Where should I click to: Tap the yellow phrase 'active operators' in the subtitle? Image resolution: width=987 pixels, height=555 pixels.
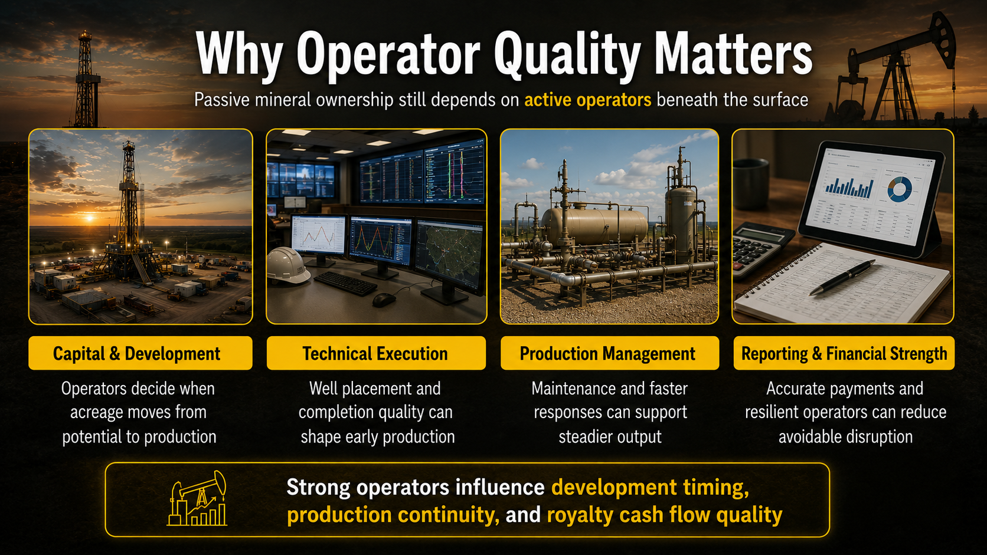[588, 100]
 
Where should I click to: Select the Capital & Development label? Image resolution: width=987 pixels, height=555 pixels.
[140, 353]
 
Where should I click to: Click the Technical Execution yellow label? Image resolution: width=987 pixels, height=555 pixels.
[376, 353]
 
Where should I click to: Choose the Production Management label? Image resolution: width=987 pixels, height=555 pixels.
[610, 353]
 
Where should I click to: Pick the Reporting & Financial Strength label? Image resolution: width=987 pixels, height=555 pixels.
[844, 353]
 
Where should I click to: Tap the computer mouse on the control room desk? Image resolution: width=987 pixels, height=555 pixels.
[384, 300]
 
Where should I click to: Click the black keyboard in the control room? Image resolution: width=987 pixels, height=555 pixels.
[345, 283]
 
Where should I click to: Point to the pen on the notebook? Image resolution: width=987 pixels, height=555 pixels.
[842, 277]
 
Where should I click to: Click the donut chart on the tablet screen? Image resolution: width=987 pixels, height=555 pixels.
[899, 189]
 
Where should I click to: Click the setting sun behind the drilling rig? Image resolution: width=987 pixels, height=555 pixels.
[90, 218]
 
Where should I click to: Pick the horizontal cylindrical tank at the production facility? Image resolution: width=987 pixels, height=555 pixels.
[594, 226]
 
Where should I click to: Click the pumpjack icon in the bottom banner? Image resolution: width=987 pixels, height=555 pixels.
[197, 498]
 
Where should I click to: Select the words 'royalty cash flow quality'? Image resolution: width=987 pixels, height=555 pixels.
[665, 514]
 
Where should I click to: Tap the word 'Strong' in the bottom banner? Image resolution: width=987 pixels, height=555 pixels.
[318, 488]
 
